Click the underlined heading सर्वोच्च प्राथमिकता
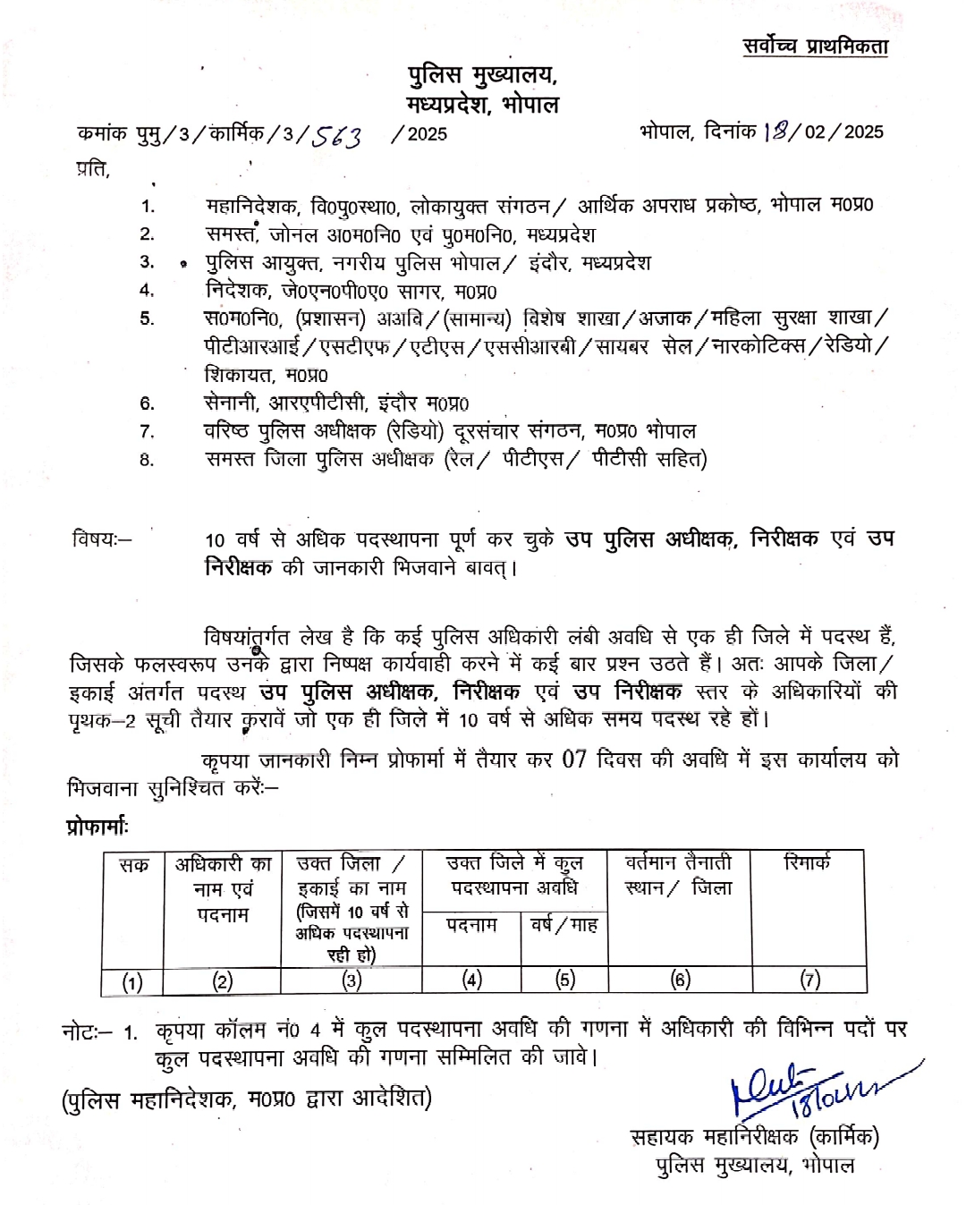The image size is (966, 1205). pyautogui.click(x=815, y=47)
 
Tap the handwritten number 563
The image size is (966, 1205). pyautogui.click(x=335, y=136)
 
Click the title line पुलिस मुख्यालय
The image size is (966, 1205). pyautogui.click(x=482, y=76)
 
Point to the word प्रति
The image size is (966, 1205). pyautogui.click(x=92, y=168)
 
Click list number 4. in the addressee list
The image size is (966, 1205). pyautogui.click(x=147, y=290)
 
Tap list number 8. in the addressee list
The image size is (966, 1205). pyautogui.click(x=147, y=460)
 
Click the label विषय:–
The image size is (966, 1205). pyautogui.click(x=101, y=539)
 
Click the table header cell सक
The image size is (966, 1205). pyautogui.click(x=133, y=865)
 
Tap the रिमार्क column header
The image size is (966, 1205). pyautogui.click(x=807, y=862)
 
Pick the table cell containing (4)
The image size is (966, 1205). pyautogui.click(x=471, y=980)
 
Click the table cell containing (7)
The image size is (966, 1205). pyautogui.click(x=809, y=980)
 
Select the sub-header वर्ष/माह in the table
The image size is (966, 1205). pyautogui.click(x=563, y=924)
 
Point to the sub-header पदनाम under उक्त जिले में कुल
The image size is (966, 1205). pyautogui.click(x=471, y=924)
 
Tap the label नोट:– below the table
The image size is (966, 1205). pyautogui.click(x=87, y=1031)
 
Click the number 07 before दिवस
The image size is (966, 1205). pyautogui.click(x=573, y=759)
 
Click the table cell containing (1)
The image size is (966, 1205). pyautogui.click(x=132, y=981)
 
